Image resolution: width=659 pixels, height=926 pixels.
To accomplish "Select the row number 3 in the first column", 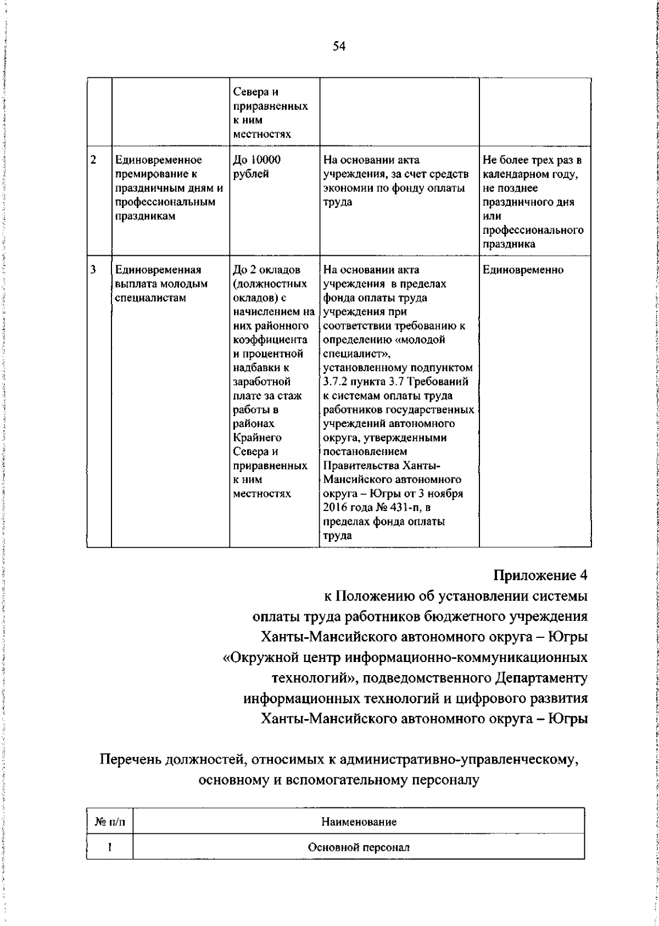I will coord(93,270).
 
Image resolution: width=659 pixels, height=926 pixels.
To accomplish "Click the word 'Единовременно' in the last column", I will coord(523,270).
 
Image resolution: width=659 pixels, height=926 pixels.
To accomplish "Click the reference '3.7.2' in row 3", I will coord(336,381).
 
